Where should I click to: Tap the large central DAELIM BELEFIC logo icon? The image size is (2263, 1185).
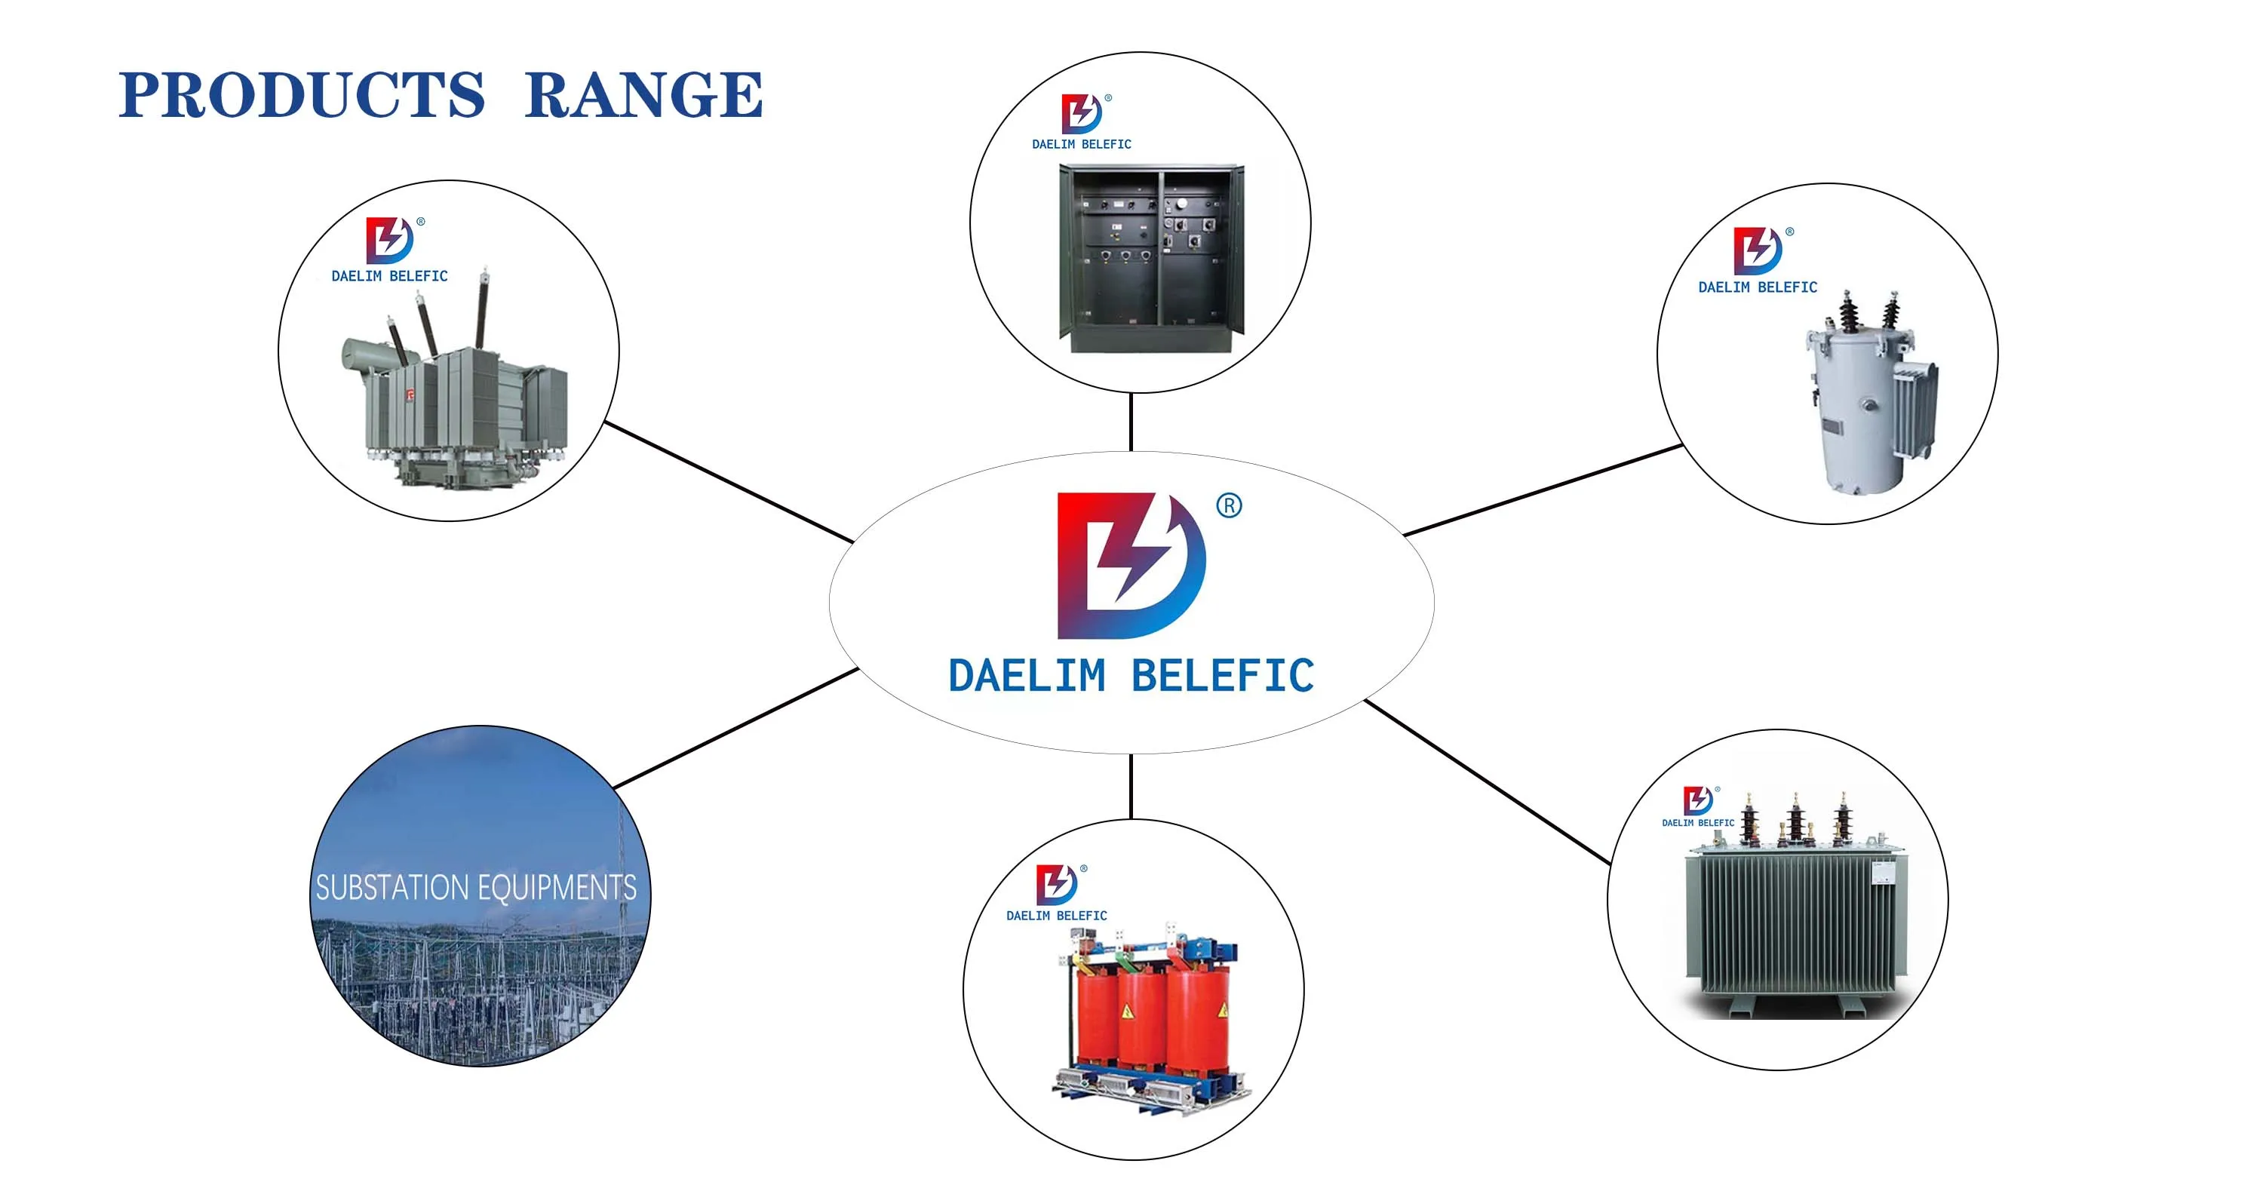(1130, 565)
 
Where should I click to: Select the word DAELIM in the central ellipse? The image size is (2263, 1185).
(1026, 677)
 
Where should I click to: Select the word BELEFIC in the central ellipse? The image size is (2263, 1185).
(1222, 677)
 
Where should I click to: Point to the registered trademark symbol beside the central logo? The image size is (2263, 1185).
(1228, 506)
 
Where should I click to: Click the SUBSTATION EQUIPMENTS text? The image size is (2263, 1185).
(476, 887)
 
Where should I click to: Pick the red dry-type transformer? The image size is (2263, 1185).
(1142, 1019)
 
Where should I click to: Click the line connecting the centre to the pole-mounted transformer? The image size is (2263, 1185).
(1543, 490)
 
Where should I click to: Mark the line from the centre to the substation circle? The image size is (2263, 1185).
(736, 727)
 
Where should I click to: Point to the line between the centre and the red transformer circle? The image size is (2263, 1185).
(1131, 786)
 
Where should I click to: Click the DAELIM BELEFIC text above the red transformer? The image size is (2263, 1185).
(1056, 915)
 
